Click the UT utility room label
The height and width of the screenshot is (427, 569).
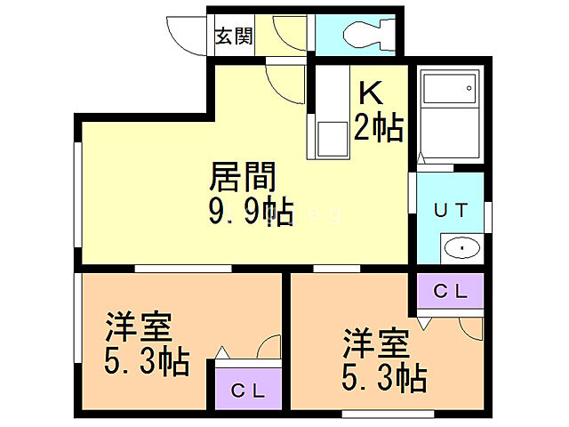[x=449, y=210]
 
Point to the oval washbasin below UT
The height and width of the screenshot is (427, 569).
[x=462, y=247]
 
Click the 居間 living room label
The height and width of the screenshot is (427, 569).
[x=240, y=177]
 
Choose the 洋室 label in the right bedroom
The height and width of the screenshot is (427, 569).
[x=376, y=343]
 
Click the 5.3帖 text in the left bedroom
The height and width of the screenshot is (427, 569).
[x=146, y=362]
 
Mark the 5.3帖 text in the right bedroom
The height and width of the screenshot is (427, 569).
[x=384, y=378]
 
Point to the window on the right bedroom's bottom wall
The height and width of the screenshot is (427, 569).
[x=388, y=412]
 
